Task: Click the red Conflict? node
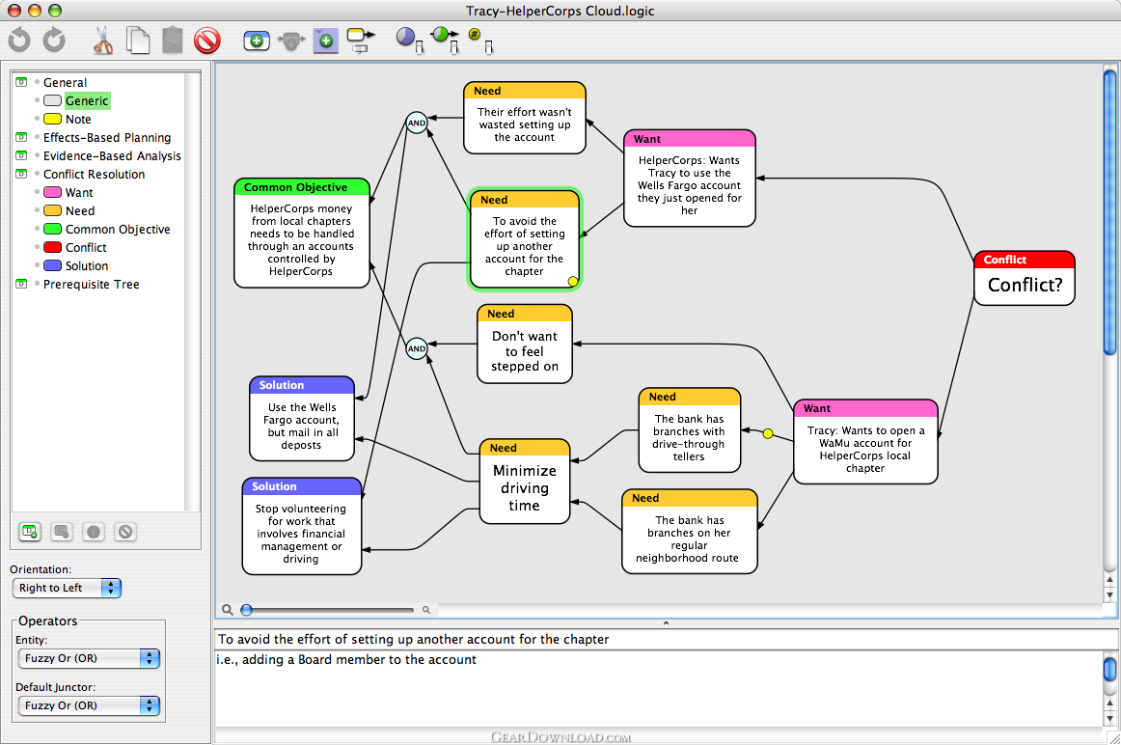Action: pos(1024,278)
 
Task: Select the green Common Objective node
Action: pos(302,234)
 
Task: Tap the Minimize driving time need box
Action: pos(525,482)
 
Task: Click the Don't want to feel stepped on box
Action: pos(525,344)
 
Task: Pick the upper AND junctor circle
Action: pos(417,123)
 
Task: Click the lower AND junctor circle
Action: pos(417,349)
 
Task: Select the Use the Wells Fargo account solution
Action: pos(302,419)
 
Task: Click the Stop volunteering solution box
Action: pos(302,526)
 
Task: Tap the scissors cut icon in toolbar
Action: pos(103,40)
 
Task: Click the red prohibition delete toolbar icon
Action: pos(207,40)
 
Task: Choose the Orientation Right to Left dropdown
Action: pos(67,588)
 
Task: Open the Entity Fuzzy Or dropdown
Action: pos(88,658)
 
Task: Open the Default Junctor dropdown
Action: pos(88,705)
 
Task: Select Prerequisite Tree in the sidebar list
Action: pos(91,285)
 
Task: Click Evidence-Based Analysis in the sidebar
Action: pos(112,156)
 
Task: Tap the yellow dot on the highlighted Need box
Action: pos(573,282)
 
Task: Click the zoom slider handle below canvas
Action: pos(247,610)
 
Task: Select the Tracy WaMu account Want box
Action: pos(865,442)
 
